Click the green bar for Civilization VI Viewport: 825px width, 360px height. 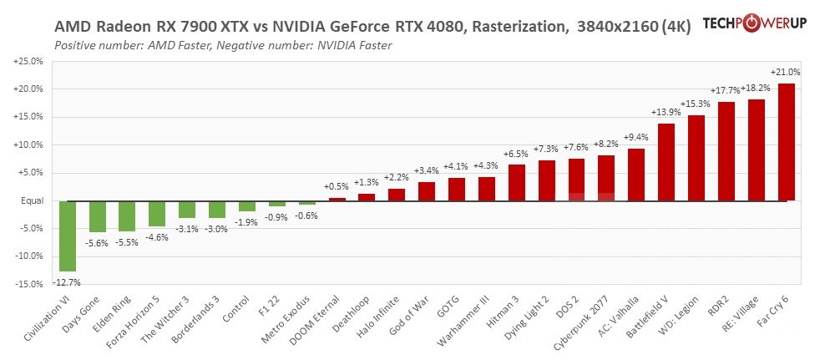[67, 236]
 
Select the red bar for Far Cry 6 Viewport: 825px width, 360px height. [786, 142]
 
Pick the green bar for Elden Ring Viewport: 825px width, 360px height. [127, 215]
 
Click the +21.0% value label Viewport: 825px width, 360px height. [786, 73]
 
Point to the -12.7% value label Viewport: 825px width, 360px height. [67, 282]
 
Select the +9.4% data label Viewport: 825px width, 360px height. [635, 137]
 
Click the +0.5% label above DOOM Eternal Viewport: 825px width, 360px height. [337, 186]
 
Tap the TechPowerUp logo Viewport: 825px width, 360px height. [754, 23]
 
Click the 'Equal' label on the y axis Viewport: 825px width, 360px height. [33, 200]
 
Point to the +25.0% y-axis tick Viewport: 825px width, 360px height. [29, 62]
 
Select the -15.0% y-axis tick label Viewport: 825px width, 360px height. [30, 284]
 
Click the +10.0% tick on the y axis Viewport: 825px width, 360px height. [29, 145]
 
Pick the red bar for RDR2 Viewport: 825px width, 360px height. [726, 151]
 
